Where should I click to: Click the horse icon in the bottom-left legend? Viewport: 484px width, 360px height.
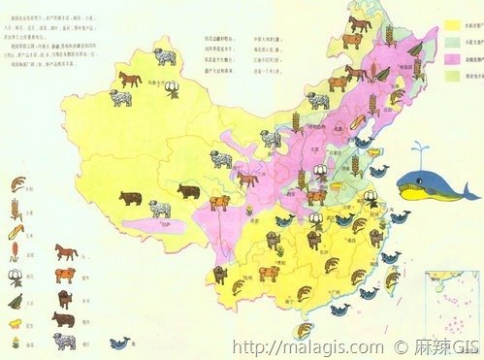tap(66, 252)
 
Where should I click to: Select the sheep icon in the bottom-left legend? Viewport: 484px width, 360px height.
tap(65, 341)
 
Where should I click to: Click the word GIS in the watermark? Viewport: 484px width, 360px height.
tap(463, 346)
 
